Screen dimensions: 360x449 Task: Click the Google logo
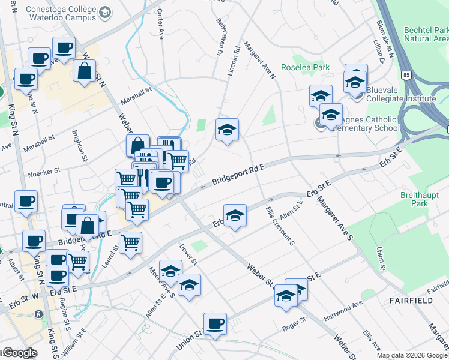click(x=20, y=353)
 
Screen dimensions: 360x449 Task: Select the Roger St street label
click(x=294, y=328)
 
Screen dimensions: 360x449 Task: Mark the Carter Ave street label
click(x=160, y=25)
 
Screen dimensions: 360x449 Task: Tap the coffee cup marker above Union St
click(x=215, y=324)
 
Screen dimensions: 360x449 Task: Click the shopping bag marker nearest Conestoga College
click(x=84, y=71)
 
